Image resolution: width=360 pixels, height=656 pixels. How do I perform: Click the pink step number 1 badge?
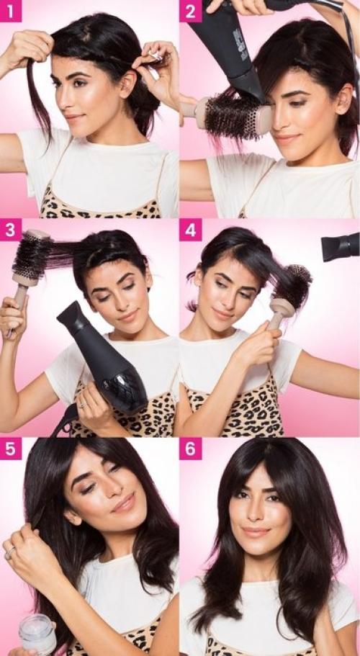point(11,11)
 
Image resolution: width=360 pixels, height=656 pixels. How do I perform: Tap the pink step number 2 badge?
point(191,11)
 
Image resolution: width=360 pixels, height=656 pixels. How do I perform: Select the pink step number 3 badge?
point(11,230)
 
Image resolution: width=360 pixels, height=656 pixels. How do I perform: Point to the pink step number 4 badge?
point(191,230)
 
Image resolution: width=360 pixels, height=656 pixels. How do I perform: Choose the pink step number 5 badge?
point(11,449)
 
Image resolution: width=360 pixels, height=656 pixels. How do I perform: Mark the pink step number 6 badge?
point(191,449)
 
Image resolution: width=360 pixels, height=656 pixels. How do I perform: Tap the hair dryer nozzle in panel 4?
point(341,246)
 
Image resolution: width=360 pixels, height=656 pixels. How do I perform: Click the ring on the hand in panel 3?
point(83,405)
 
